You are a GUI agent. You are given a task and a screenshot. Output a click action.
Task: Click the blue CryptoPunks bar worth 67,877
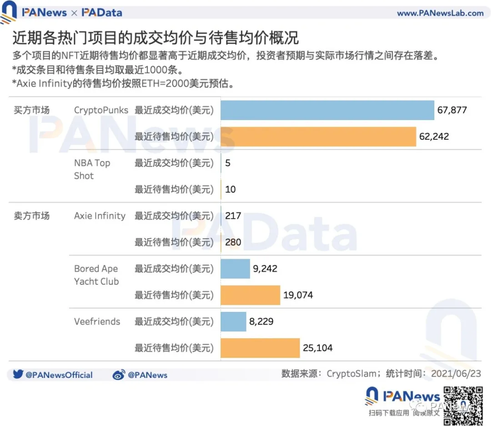(327, 110)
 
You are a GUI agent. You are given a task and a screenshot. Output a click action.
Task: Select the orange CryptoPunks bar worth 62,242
(318, 136)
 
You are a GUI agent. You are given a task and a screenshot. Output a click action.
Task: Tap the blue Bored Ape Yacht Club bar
(235, 269)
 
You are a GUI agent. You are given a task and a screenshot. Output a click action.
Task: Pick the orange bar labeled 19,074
(250, 295)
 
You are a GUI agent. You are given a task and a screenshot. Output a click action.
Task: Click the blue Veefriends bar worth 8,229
(233, 322)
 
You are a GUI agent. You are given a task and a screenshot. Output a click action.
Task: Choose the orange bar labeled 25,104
(260, 348)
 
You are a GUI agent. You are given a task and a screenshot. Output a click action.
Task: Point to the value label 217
(233, 216)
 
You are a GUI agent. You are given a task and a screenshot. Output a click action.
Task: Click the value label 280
(233, 242)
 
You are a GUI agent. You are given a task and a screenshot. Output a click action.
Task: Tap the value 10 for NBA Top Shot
(230, 189)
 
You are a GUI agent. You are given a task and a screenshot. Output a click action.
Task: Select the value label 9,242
(265, 269)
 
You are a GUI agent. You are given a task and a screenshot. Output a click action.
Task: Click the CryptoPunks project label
(101, 110)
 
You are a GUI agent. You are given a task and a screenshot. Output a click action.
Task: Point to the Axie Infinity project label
(100, 216)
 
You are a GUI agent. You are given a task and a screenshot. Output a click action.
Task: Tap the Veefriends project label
(97, 322)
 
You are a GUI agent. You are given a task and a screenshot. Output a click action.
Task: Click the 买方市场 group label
(31, 110)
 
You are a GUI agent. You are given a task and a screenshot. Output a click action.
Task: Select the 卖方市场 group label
(31, 216)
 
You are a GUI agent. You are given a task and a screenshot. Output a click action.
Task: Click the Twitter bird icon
(18, 375)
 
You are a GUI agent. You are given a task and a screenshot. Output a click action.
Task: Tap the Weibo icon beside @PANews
(119, 375)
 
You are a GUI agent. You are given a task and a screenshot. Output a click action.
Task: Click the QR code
(462, 405)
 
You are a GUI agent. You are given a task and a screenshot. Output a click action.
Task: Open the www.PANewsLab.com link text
(440, 13)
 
